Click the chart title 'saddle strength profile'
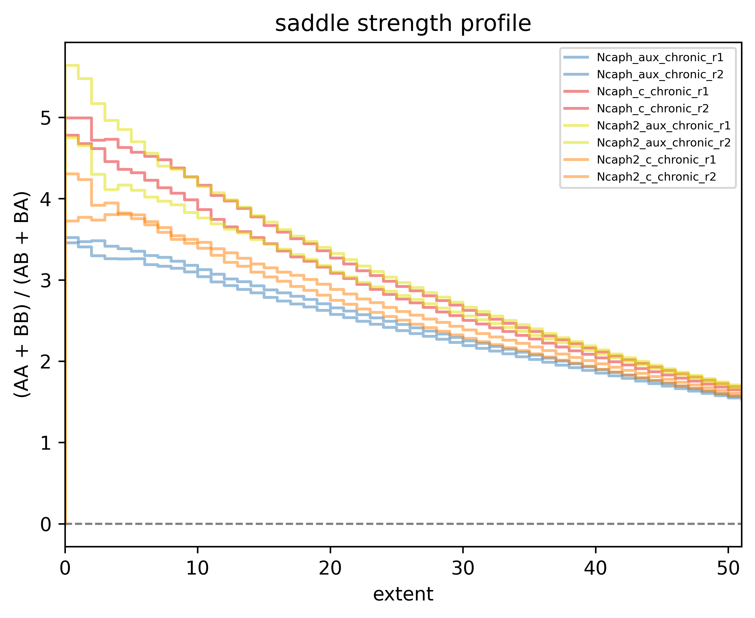[x=403, y=24]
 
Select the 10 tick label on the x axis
[x=198, y=568]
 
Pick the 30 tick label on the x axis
[x=463, y=568]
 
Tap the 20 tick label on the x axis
[x=330, y=568]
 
